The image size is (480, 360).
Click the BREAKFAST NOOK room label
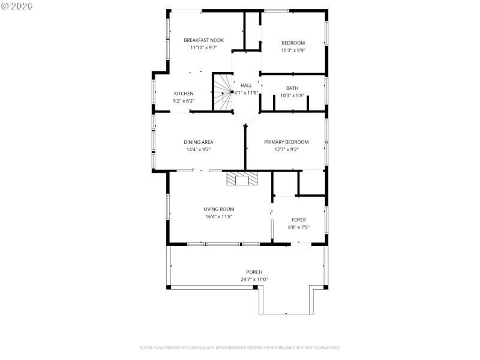203,40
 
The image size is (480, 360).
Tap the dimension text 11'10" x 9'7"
203,47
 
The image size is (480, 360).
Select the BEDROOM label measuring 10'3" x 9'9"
293,43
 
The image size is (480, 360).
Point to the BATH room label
292,88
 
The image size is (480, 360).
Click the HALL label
246,85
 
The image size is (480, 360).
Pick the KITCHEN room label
184,94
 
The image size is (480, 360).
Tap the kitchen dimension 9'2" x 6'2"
184,101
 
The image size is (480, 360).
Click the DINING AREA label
198,142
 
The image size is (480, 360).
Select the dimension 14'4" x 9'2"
198,149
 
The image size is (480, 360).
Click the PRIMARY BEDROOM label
287,142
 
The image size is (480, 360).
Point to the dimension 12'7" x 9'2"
287,149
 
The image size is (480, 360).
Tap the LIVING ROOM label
218,209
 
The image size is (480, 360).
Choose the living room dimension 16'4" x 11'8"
218,217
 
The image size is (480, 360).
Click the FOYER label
299,220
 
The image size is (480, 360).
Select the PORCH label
254,272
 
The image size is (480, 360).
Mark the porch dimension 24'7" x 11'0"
254,279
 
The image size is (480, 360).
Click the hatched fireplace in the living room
242,179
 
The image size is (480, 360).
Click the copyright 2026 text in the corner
17,6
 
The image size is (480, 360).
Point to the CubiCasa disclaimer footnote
240,347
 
